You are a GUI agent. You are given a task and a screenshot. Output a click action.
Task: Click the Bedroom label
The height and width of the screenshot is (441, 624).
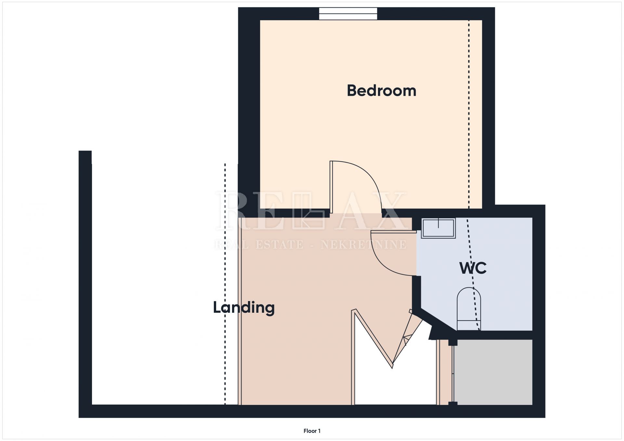pyautogui.click(x=382, y=91)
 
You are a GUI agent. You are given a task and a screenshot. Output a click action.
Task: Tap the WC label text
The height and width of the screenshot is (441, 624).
pyautogui.click(x=473, y=268)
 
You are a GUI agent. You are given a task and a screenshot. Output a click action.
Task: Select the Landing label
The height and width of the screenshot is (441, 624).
pyautogui.click(x=244, y=307)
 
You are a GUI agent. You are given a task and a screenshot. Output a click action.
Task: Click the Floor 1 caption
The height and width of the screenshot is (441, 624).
pyautogui.click(x=312, y=431)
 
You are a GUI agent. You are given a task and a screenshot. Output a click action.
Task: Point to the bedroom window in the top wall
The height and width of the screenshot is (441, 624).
pyautogui.click(x=348, y=14)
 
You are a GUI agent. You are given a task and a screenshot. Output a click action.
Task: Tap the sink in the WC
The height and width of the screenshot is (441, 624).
pyautogui.click(x=438, y=228)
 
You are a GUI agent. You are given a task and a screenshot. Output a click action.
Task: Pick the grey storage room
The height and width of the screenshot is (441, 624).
pyautogui.click(x=493, y=372)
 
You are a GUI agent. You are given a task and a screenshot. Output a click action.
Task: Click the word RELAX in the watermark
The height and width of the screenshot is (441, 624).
pyautogui.click(x=311, y=211)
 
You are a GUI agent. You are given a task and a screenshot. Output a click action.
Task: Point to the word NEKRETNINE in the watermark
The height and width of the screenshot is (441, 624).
pyautogui.click(x=363, y=245)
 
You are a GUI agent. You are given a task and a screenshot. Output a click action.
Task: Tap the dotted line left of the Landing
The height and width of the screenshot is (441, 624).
pyautogui.click(x=225, y=284)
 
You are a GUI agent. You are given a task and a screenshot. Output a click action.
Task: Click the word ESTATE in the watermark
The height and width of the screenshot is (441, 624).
pyautogui.click(x=279, y=245)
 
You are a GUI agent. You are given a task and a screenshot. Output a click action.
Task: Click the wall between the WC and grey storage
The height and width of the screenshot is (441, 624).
pyautogui.click(x=494, y=335)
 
